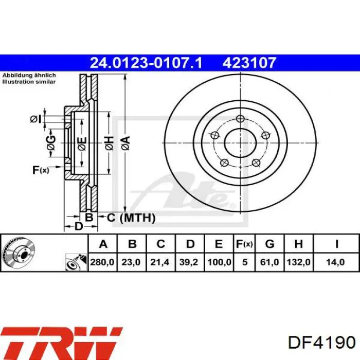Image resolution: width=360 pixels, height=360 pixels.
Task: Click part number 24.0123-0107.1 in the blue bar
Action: coord(146,63)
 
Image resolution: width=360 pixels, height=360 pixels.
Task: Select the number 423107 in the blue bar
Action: coord(249,63)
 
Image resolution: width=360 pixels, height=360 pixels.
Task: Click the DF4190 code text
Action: coord(322,343)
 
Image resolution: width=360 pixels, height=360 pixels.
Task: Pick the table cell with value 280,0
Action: coord(102,262)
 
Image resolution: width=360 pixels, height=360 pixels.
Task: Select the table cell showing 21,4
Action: coord(160,262)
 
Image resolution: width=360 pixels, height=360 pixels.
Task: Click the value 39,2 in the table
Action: coord(189,262)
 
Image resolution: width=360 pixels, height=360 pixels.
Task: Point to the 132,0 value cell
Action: coord(298,262)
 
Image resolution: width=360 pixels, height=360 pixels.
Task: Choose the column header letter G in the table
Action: coord(269,244)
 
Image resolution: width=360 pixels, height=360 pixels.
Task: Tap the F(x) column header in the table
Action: coord(244,244)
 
